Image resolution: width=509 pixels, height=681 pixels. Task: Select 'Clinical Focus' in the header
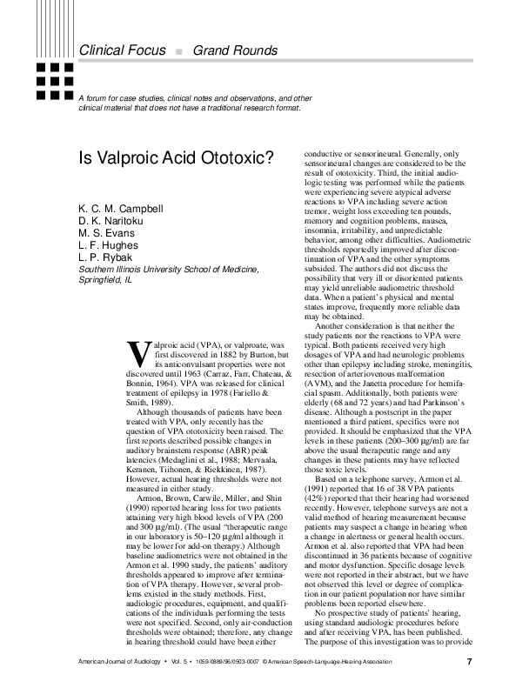(122, 50)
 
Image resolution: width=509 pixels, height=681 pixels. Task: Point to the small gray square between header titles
(178, 51)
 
